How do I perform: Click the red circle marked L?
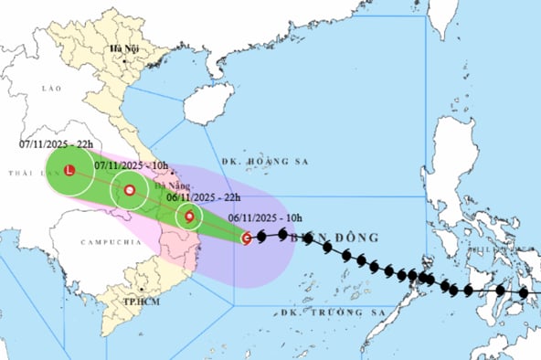(69, 170)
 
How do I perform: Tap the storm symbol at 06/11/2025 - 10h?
(247, 238)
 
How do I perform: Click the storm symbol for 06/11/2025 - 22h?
(189, 217)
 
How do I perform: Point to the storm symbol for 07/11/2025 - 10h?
(130, 190)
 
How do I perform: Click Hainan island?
(209, 102)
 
